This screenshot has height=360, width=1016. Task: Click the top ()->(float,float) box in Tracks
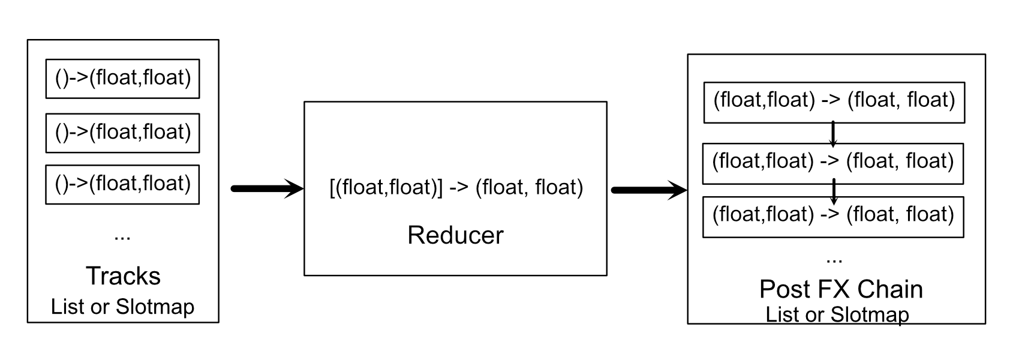click(122, 79)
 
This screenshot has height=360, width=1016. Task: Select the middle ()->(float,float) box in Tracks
click(122, 133)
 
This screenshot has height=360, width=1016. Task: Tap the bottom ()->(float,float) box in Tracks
click(122, 184)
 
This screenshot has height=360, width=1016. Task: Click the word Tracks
click(123, 276)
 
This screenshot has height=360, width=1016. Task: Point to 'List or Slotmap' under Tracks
click(122, 307)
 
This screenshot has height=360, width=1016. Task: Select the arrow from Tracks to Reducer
click(267, 189)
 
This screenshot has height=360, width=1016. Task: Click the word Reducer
click(455, 235)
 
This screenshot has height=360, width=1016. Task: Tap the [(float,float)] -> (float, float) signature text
click(456, 187)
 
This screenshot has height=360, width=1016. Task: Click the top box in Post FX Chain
click(834, 102)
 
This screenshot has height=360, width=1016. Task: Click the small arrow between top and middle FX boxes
click(833, 134)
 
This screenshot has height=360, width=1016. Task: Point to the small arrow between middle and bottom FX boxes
click(833, 191)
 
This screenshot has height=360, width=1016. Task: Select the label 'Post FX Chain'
click(841, 289)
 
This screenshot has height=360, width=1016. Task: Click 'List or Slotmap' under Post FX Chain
click(837, 314)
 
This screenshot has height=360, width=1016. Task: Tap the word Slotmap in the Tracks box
click(155, 307)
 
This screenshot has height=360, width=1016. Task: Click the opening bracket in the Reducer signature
click(332, 188)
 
